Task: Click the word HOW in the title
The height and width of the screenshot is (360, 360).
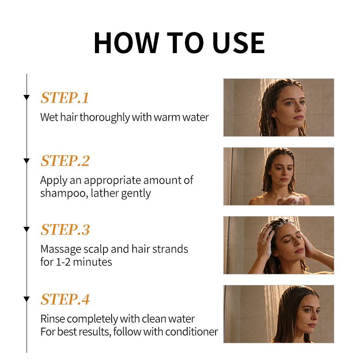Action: pos(126,43)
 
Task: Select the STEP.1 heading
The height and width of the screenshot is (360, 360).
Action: pos(65,98)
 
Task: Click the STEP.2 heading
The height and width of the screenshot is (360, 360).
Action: pos(65,161)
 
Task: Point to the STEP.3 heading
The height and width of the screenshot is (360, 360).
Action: pos(65,229)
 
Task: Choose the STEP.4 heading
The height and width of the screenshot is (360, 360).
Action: pos(65,299)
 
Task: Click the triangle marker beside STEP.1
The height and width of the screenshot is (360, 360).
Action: pos(27,98)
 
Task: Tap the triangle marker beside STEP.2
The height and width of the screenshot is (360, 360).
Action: pos(27,161)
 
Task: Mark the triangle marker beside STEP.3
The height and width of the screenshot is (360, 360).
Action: pos(27,229)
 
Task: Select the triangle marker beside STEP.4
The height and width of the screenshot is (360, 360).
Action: pos(27,299)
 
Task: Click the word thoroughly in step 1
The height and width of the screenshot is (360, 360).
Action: pos(105,117)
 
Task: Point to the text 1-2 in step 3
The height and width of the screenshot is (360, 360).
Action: pos(63,262)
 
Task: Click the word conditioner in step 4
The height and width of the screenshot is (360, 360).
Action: pos(192,332)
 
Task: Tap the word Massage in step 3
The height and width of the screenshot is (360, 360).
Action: pos(61,250)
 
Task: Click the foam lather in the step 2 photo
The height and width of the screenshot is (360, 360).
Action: pos(291,199)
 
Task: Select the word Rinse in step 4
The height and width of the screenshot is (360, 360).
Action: pos(53,319)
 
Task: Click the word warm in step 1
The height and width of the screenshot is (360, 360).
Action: pos(167,117)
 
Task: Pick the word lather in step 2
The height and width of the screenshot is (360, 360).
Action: pos(104,193)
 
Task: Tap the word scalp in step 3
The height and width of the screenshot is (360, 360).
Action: pos(95,250)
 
